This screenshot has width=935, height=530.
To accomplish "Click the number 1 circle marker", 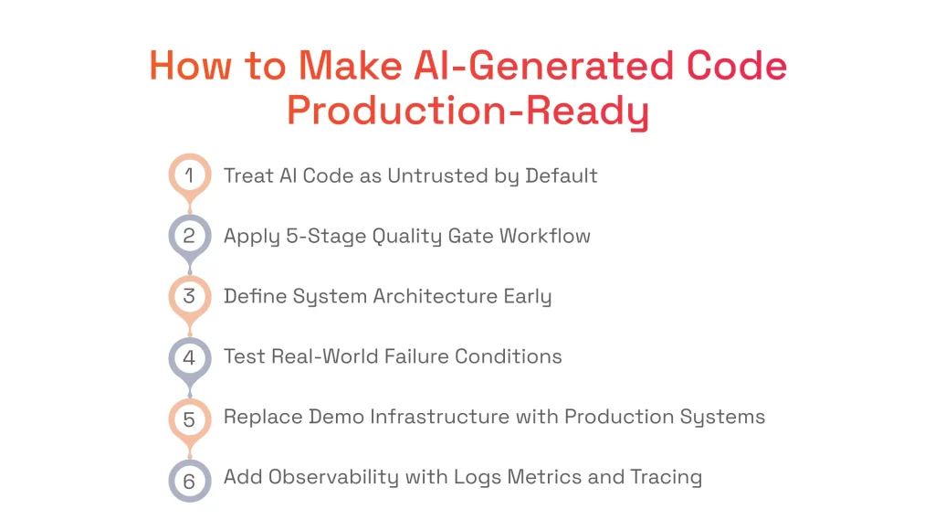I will click(x=190, y=175).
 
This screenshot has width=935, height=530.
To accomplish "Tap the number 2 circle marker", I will click(x=190, y=236).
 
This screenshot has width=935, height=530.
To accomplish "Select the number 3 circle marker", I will click(x=190, y=296).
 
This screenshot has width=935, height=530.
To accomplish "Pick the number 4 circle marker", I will click(x=190, y=356).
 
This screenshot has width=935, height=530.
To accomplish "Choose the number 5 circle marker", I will click(x=190, y=418).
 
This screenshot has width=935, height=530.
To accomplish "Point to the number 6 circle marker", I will click(x=190, y=478).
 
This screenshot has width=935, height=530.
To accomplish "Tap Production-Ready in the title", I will click(x=467, y=111).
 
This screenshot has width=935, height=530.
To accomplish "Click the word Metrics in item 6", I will click(x=524, y=478).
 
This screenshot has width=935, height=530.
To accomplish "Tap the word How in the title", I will click(x=184, y=66).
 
